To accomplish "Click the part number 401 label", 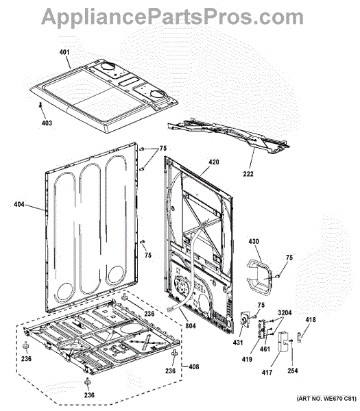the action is pos(64,52).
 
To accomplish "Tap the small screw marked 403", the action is pos(40,105).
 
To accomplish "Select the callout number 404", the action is pos(19,204).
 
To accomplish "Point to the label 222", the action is pos(248,174).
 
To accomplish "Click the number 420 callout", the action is pos(213,162).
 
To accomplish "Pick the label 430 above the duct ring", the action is pos(254,241).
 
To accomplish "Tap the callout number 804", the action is pos(191,326).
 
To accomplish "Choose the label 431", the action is pos(238,342).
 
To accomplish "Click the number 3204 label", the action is pos(285,313).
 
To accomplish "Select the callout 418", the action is pos(311,319).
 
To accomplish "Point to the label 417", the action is pos(267,372).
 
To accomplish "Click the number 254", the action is pos(293,371).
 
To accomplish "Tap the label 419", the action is pos(247,359).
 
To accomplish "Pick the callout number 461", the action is pos(265,349).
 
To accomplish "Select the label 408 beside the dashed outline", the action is pos(194,366).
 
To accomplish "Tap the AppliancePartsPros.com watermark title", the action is pos(172,16).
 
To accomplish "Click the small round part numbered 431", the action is pos(245,320).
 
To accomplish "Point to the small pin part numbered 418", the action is pos(299,337).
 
